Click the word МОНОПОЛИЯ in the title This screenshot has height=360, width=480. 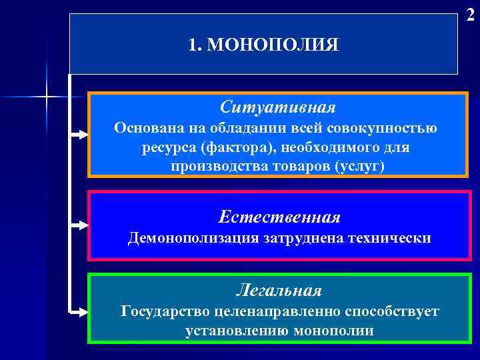click(273, 45)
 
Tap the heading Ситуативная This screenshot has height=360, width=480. click(278, 107)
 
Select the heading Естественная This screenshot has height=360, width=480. click(279, 217)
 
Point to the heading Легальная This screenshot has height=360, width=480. click(279, 291)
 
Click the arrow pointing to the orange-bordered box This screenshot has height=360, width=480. click(79, 135)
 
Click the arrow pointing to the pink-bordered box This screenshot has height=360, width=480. click(79, 225)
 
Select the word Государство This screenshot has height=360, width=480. click(164, 311)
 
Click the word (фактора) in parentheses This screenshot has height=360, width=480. click(223, 147)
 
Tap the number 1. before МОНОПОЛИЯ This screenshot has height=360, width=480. click(195, 45)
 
